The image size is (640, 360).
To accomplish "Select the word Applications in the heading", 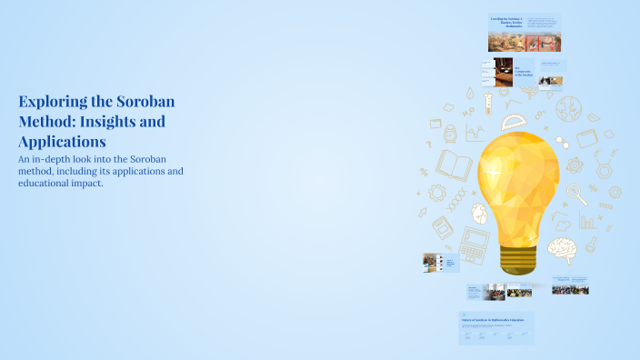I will coord(62,142).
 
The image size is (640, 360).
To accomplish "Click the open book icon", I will coord(455,165).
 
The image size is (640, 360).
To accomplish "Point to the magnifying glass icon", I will coord(576,193).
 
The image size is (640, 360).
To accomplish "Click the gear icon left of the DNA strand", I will coord(436,193).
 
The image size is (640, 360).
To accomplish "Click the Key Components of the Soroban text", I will coord(525,71).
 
